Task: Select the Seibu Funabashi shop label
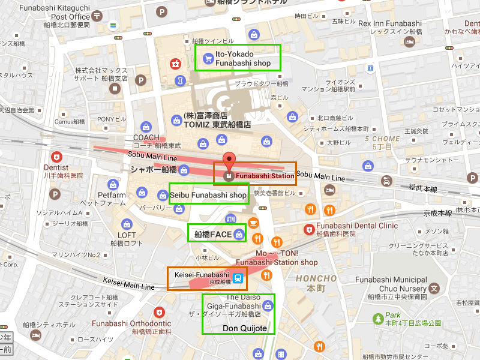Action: [x=208, y=195]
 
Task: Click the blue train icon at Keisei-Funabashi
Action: [x=238, y=278]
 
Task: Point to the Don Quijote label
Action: [x=244, y=328]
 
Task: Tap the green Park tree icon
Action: [x=377, y=316]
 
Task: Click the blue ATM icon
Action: [x=231, y=218]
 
